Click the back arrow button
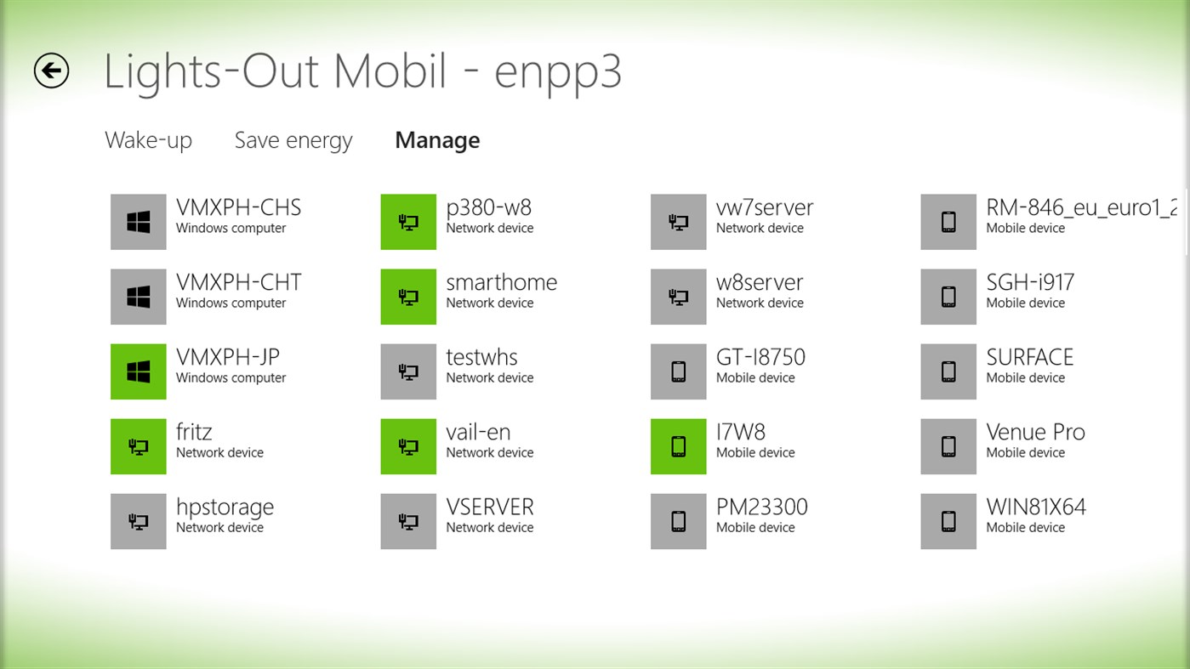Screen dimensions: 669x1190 click(x=51, y=71)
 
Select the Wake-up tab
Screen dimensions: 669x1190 click(x=148, y=140)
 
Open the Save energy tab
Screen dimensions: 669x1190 click(x=293, y=140)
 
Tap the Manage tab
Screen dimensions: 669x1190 click(x=437, y=140)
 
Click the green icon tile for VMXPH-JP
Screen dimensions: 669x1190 click(x=139, y=371)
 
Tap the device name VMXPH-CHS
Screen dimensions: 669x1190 click(x=238, y=208)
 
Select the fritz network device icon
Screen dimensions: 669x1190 click(x=139, y=446)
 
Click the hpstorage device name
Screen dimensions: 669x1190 click(x=225, y=507)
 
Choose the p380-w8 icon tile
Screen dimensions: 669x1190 click(x=408, y=222)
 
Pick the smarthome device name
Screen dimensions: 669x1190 click(x=501, y=283)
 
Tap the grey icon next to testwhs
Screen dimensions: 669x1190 click(x=408, y=371)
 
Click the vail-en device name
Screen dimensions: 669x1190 click(x=478, y=433)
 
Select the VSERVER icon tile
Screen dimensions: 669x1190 click(x=408, y=521)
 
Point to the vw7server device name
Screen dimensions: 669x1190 click(x=764, y=208)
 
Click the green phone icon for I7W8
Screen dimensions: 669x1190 click(x=678, y=446)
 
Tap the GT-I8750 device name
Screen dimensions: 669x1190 click(x=760, y=358)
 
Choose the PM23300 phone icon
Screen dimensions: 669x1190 click(x=678, y=521)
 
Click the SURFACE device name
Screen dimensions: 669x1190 click(x=1029, y=358)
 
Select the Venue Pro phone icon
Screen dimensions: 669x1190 click(x=948, y=446)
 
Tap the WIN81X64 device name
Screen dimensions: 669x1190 click(x=1035, y=507)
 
